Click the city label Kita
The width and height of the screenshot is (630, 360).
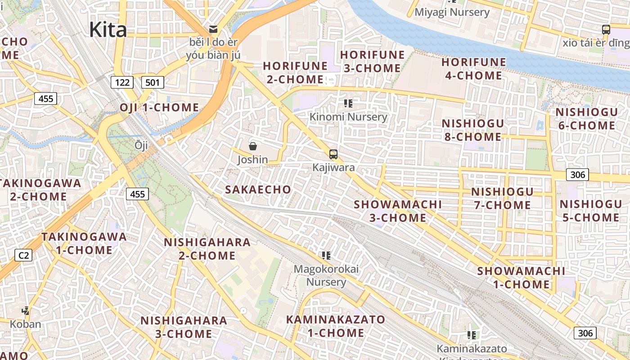[108, 30]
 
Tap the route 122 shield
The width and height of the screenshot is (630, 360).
[122, 82]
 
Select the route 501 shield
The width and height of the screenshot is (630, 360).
[153, 82]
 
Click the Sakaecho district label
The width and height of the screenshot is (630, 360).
[258, 189]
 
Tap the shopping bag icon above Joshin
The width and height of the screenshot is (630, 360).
[252, 146]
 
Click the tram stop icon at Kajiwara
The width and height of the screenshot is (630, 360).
[333, 154]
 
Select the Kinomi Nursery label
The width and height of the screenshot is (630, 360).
[348, 117]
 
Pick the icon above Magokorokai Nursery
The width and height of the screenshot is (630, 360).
[326, 256]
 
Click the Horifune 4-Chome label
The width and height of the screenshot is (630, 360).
[473, 69]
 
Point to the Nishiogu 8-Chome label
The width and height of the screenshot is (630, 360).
[472, 130]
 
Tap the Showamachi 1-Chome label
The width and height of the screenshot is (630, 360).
[521, 278]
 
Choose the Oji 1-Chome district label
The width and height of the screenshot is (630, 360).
[159, 108]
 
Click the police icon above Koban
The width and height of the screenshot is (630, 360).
[26, 310]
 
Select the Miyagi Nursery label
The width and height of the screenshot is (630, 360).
[452, 12]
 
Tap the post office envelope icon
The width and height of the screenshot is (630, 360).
[213, 30]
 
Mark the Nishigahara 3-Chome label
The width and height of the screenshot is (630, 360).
[184, 327]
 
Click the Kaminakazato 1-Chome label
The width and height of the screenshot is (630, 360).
[336, 326]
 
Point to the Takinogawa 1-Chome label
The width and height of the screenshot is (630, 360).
[84, 243]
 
